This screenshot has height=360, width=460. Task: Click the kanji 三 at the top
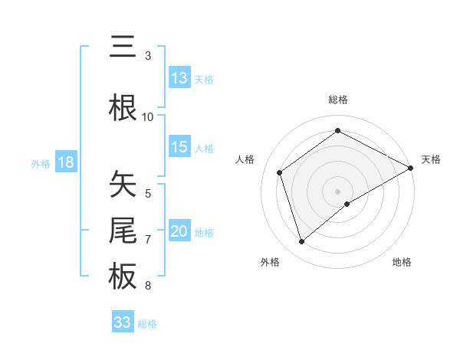click(x=123, y=48)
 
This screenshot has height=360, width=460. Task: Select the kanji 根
click(x=123, y=106)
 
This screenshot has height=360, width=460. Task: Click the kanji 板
click(x=123, y=277)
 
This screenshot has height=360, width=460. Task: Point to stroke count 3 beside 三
click(x=148, y=56)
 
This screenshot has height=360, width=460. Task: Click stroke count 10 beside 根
click(x=148, y=116)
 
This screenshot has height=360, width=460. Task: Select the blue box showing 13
click(x=179, y=78)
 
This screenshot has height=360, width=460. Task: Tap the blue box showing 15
click(x=179, y=147)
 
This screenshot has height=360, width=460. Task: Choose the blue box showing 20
click(x=179, y=231)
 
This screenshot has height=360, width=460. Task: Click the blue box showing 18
click(x=65, y=162)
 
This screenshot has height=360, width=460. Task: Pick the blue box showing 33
click(x=123, y=322)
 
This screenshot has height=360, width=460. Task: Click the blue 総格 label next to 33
click(x=147, y=324)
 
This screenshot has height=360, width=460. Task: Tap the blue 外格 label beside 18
click(x=40, y=163)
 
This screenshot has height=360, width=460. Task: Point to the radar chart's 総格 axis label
click(x=338, y=100)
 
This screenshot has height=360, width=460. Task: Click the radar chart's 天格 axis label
click(x=431, y=159)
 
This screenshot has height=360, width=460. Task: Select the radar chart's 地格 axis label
click(x=402, y=262)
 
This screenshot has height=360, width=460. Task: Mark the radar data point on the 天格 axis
click(x=411, y=167)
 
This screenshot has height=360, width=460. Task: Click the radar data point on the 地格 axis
click(x=347, y=204)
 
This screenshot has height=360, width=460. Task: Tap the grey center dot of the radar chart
click(x=338, y=191)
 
